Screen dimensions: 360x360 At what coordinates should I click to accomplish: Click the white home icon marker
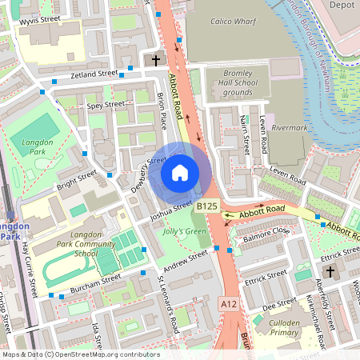click(x=180, y=172)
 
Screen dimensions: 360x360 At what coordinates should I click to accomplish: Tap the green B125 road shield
click(x=207, y=206)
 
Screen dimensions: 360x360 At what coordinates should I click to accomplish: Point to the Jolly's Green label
click(x=185, y=232)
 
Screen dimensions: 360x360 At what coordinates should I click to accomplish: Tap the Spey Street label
click(x=106, y=104)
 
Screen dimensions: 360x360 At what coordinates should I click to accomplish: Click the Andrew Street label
click(x=185, y=260)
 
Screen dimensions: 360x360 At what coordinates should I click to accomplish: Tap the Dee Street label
click(x=279, y=303)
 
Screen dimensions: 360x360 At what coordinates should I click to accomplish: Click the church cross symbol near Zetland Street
click(x=156, y=60)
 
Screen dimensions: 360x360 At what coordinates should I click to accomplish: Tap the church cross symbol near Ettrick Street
click(x=330, y=272)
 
